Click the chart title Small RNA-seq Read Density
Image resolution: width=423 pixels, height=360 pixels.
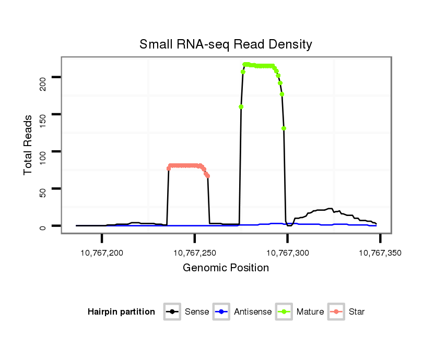tap(226, 44)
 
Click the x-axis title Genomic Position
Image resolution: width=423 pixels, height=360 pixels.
tap(226, 268)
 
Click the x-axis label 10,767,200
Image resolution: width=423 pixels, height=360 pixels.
tap(102, 253)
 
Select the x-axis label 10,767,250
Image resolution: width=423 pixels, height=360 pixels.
tap(195, 253)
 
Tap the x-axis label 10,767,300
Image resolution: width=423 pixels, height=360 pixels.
tap(287, 253)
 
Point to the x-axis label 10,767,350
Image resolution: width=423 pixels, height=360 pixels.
tap(380, 253)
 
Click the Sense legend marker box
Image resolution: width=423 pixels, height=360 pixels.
tap(172, 312)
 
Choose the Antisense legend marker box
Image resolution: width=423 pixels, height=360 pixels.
tap(221, 312)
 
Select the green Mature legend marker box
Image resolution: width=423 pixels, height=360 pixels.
tap(284, 312)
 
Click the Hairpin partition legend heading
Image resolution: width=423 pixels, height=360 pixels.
tap(121, 312)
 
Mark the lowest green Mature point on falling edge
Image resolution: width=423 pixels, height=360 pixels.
tap(284, 128)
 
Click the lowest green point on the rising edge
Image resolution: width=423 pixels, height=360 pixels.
tap(241, 107)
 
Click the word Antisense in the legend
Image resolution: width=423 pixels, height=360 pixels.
tap(253, 312)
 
